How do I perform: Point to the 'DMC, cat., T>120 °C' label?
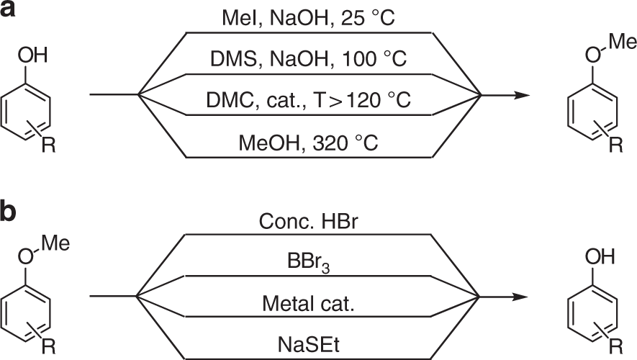[x=310, y=99]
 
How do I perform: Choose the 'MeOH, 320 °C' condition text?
[x=310, y=141]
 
